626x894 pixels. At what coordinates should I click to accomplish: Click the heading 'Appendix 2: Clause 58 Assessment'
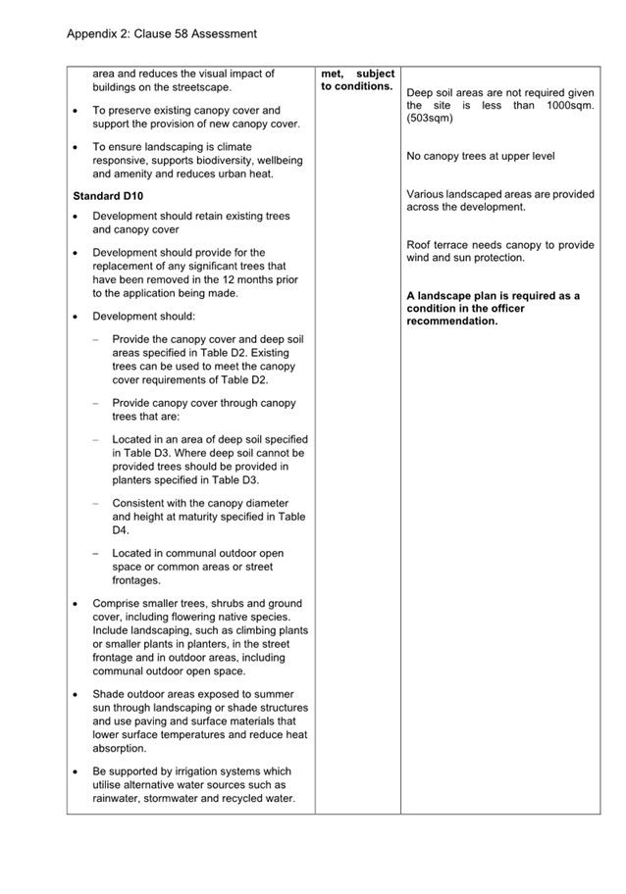point(162,34)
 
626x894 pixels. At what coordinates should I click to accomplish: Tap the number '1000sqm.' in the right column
point(570,106)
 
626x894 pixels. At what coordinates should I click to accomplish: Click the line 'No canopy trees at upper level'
point(480,156)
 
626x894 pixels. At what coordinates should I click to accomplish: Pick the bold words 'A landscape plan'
point(451,295)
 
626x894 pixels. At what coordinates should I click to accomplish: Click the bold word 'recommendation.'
point(451,321)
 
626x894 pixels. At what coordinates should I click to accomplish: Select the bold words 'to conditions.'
point(356,86)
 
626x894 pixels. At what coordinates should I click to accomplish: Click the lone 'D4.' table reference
point(121,530)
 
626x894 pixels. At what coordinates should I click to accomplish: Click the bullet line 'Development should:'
point(143,317)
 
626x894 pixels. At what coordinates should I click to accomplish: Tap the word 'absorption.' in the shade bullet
point(120,748)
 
